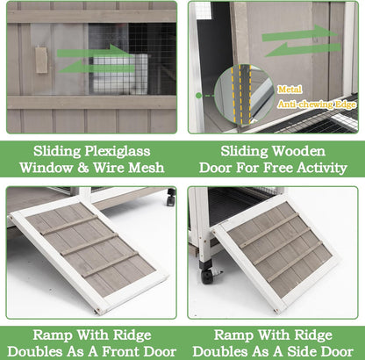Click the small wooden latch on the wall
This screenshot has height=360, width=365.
point(41,59)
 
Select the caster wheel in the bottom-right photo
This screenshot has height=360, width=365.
point(208,275)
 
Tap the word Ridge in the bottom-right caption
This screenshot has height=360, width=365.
point(312,335)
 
